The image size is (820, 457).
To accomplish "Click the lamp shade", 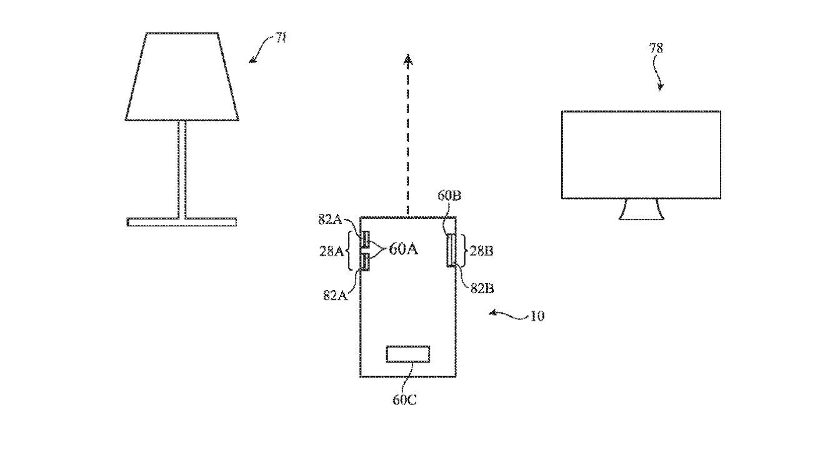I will pyautogui.click(x=182, y=76).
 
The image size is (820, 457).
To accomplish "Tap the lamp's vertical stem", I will pyautogui.click(x=182, y=169).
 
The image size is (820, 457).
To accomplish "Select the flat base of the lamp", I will pyautogui.click(x=182, y=222).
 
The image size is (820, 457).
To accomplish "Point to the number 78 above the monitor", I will pyautogui.click(x=656, y=48).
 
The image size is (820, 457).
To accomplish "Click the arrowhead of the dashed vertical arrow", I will pyautogui.click(x=408, y=61).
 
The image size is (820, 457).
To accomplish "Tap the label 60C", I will pyautogui.click(x=404, y=399).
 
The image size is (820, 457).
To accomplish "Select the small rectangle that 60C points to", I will pyautogui.click(x=408, y=354).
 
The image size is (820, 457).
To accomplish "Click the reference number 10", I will pyautogui.click(x=537, y=316).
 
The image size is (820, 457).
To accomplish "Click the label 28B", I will pyautogui.click(x=481, y=251).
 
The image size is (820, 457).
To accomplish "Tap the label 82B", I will pyautogui.click(x=482, y=288).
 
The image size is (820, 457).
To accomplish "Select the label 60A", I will pyautogui.click(x=403, y=249).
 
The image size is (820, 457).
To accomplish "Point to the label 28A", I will pyautogui.click(x=331, y=251).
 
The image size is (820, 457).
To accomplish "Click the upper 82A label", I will pyautogui.click(x=331, y=219).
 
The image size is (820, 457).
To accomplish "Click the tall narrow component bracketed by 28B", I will pyautogui.click(x=451, y=250).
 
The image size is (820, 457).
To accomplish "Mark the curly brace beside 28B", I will pyautogui.click(x=462, y=251).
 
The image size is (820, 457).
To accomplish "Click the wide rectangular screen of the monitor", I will pyautogui.click(x=641, y=154).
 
